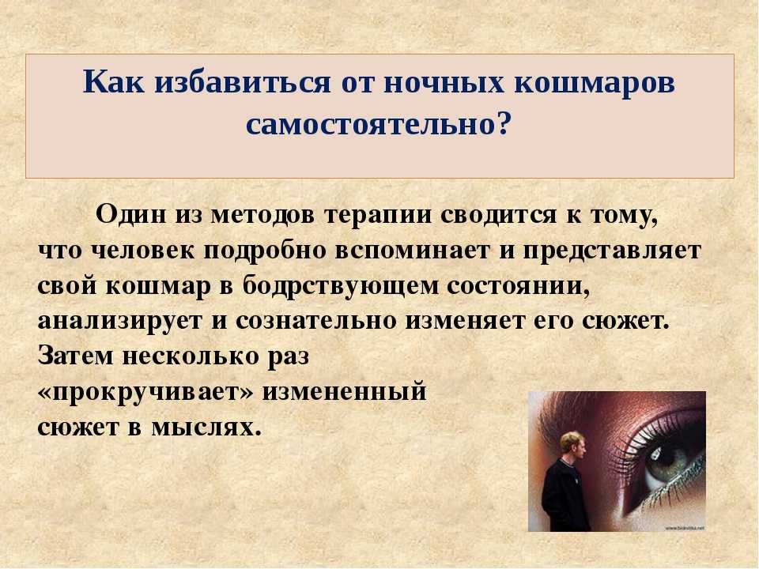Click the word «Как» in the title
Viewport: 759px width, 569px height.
(x=114, y=82)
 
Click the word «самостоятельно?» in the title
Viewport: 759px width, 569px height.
(x=379, y=124)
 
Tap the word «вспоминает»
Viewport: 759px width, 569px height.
(x=411, y=251)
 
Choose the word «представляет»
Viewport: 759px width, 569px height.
(x=612, y=251)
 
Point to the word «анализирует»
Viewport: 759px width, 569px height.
(x=119, y=322)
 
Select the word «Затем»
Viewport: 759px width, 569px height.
(x=76, y=356)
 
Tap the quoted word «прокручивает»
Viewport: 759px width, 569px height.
(x=145, y=392)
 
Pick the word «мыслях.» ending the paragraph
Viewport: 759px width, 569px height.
(x=206, y=428)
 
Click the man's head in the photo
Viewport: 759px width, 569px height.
(x=574, y=445)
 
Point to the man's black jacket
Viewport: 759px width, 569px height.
(x=565, y=496)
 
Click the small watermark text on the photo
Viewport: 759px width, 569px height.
(x=685, y=527)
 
